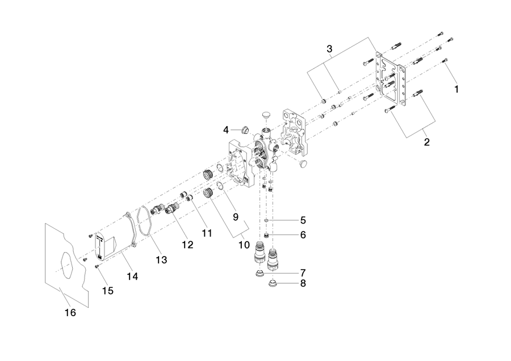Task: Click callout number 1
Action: (x=456, y=89)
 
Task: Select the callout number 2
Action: (x=426, y=142)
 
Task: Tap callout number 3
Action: (x=329, y=49)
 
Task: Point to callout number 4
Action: (x=226, y=131)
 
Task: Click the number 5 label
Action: (x=303, y=221)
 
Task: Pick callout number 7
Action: (x=303, y=272)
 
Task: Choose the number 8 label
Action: (x=303, y=284)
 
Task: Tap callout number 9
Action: (x=236, y=217)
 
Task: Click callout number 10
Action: (x=244, y=245)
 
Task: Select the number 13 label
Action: (x=162, y=260)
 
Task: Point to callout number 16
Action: (x=70, y=313)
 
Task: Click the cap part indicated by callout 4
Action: (x=245, y=131)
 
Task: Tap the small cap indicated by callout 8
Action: (x=272, y=284)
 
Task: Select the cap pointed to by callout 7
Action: (x=259, y=274)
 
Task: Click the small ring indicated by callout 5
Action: (x=266, y=221)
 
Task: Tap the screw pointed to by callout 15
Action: (x=97, y=267)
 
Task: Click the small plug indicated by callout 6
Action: (x=266, y=235)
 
